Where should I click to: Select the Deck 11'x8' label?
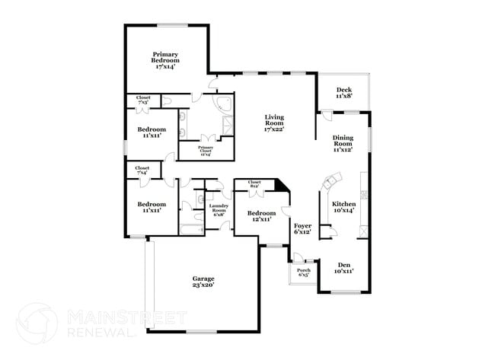coord(344,93)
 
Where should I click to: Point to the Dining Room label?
coord(343,144)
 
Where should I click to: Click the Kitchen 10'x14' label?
coord(343,208)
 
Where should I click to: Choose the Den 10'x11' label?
coord(343,266)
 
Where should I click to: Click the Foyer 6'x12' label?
coord(302,228)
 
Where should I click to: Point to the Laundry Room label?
coord(219,210)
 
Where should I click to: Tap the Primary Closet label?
coord(206,150)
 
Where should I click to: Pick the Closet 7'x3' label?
coord(143,100)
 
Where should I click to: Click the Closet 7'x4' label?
coord(142,170)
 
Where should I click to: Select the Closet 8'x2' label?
coord(254,183)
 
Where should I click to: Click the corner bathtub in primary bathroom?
coord(224,105)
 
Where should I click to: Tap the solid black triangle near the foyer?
coord(281,186)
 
